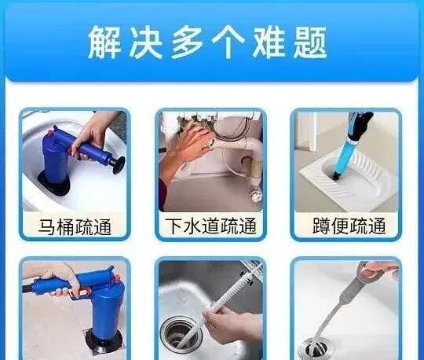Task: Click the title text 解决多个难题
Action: (207, 42)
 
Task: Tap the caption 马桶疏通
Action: (75, 226)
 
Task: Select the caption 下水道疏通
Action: (210, 226)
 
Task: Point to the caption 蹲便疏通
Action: (349, 226)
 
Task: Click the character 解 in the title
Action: (104, 42)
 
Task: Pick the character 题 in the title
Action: (310, 42)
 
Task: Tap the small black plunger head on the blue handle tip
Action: (119, 165)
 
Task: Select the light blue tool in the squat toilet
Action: (344, 152)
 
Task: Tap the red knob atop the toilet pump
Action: (49, 133)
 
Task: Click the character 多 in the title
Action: (187, 42)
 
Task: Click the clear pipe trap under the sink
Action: (255, 187)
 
